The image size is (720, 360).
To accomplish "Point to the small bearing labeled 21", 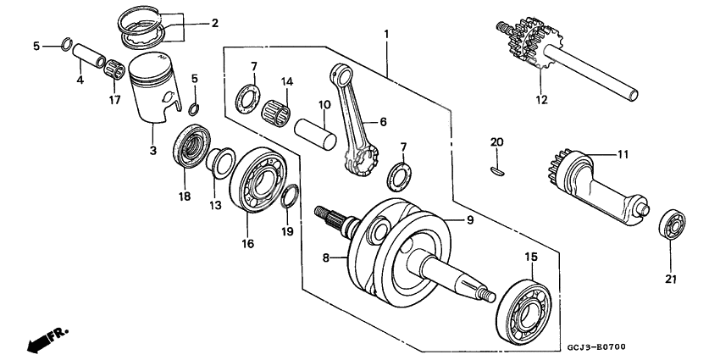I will [673, 225].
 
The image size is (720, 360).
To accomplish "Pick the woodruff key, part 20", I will [497, 170].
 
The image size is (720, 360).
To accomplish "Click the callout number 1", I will [386, 35].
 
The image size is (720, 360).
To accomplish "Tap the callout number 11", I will [623, 155].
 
